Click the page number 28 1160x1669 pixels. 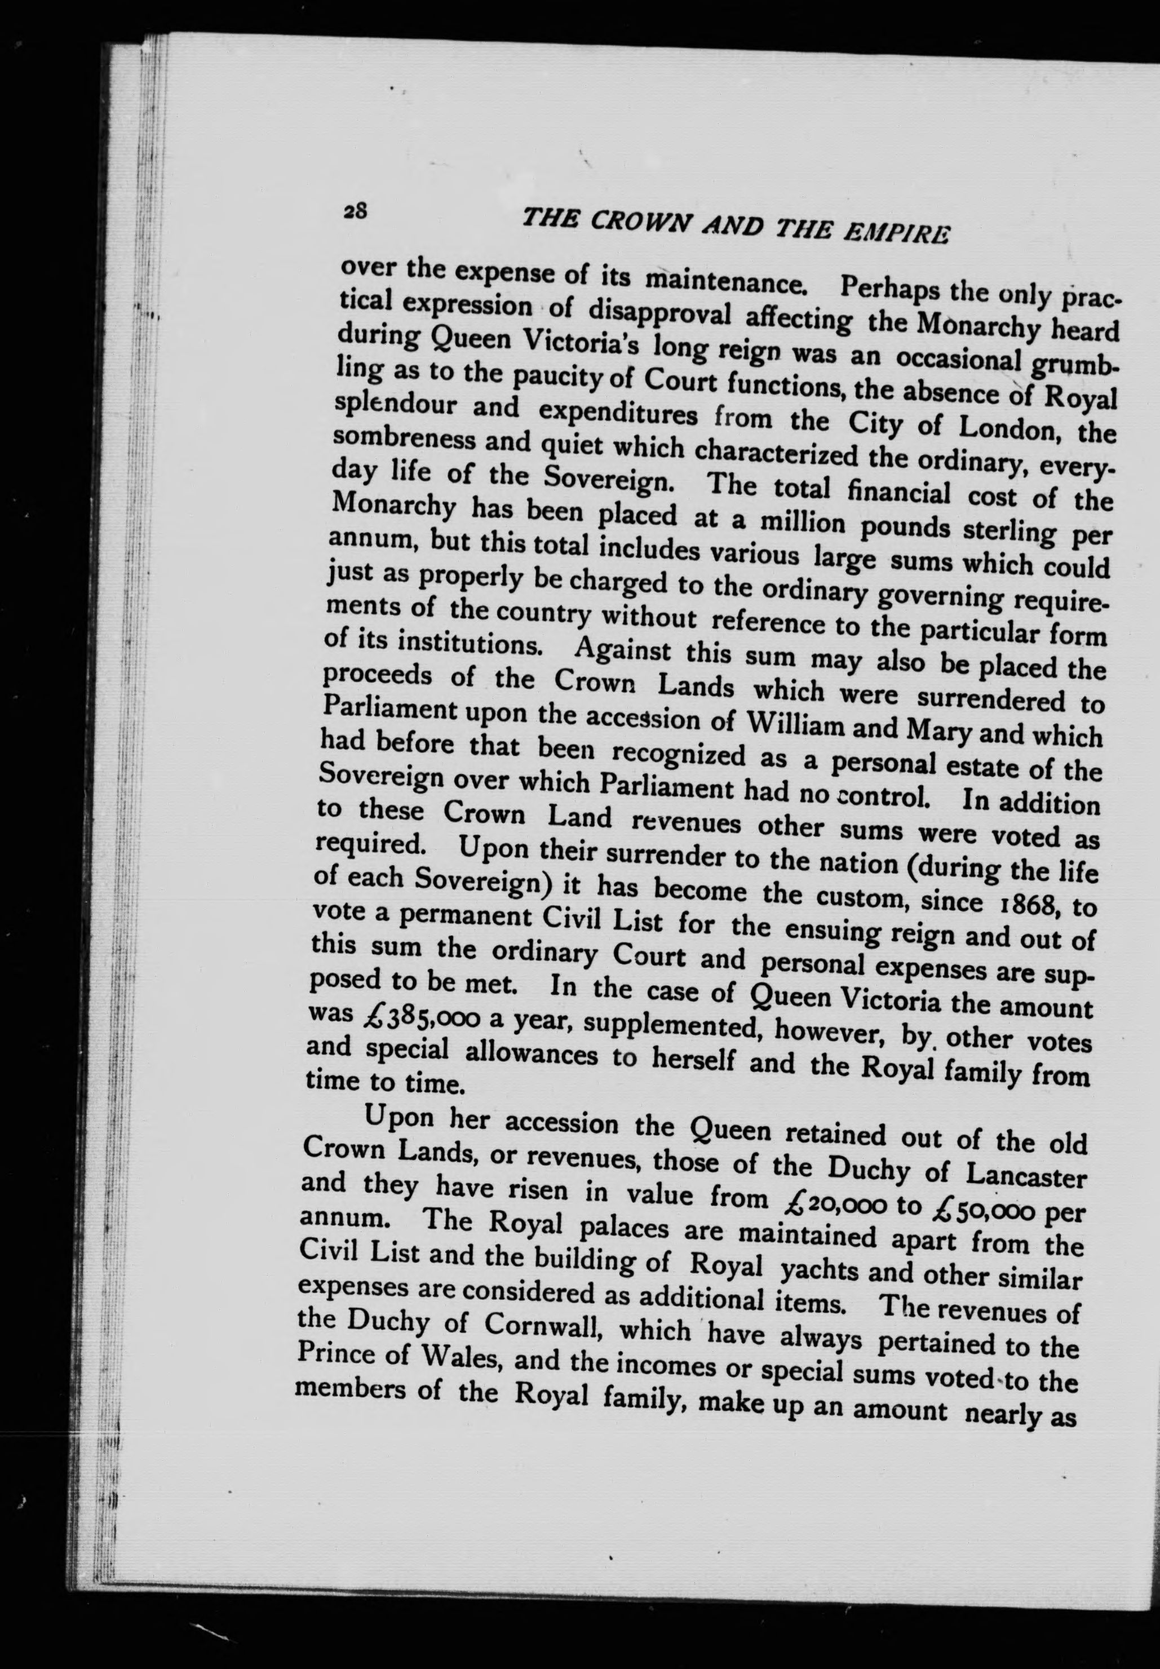(356, 211)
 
